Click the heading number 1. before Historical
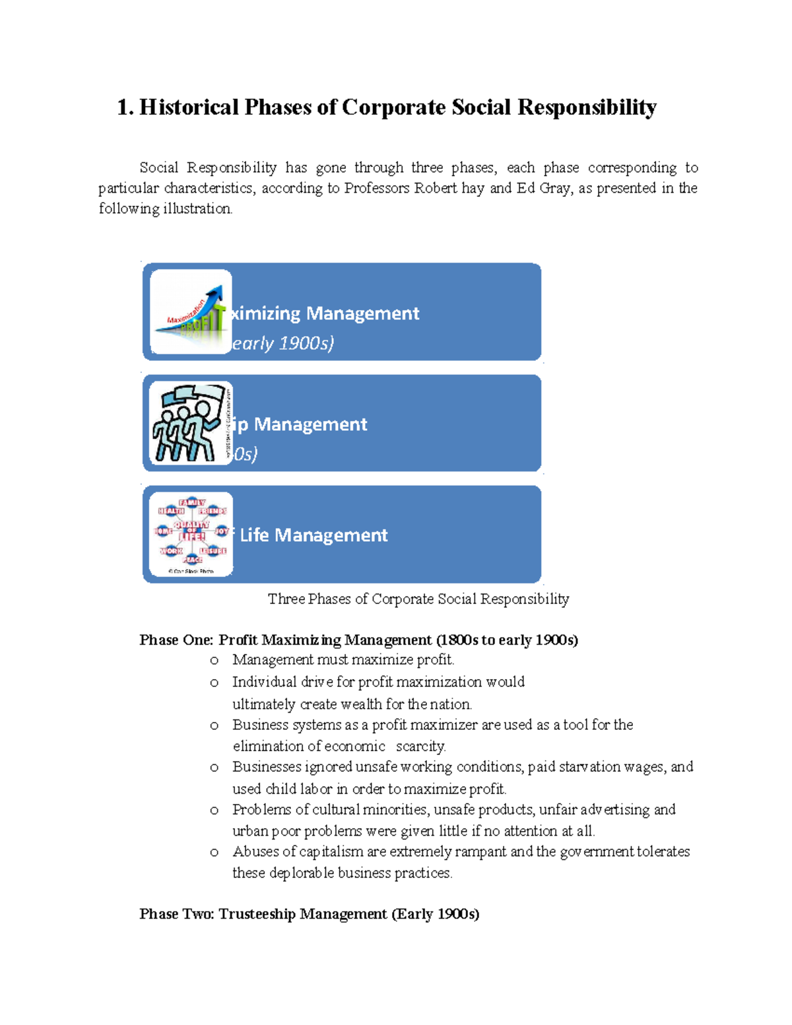pyautogui.click(x=125, y=107)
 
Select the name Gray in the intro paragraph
pyautogui.click(x=554, y=188)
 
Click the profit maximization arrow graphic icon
pyautogui.click(x=191, y=312)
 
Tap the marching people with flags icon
pyautogui.click(x=191, y=423)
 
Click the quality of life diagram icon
pyautogui.click(x=191, y=534)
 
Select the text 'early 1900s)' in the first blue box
pyautogui.click(x=282, y=343)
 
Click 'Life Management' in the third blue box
pyautogui.click(x=313, y=535)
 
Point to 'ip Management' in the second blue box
pyautogui.click(x=301, y=424)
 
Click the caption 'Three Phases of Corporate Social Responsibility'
pyautogui.click(x=418, y=599)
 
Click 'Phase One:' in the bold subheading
pyautogui.click(x=176, y=640)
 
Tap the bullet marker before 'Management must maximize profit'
pyautogui.click(x=214, y=661)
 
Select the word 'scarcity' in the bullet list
pyautogui.click(x=420, y=746)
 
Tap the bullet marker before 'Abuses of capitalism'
pyautogui.click(x=214, y=853)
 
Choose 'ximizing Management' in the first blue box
pyautogui.click(x=325, y=313)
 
